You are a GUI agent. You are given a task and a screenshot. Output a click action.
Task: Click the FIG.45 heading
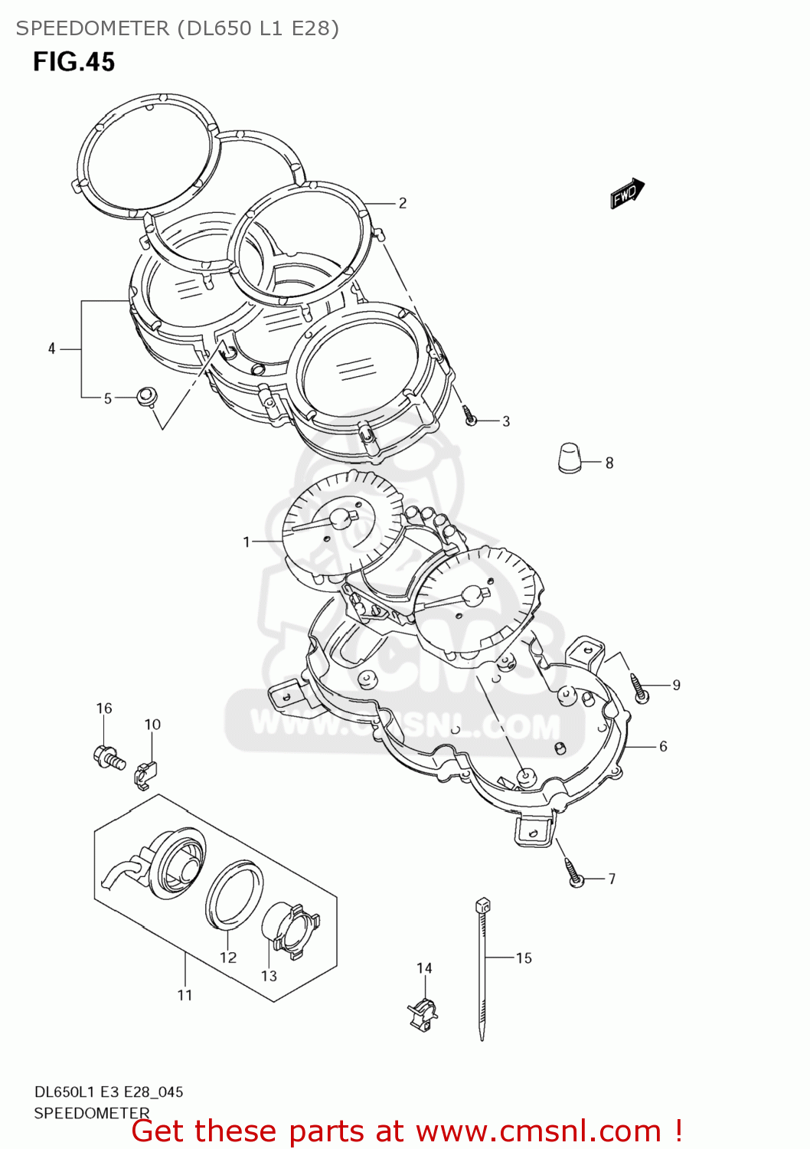(73, 62)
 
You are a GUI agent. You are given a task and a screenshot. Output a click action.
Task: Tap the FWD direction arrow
(627, 194)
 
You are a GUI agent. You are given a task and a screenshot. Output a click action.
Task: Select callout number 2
(403, 203)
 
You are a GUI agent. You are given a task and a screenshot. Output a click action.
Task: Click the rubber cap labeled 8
(569, 458)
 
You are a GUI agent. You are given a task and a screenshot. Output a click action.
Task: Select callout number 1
(247, 542)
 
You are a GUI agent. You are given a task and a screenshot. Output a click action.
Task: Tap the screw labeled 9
(639, 688)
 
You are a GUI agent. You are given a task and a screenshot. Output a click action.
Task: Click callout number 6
(663, 746)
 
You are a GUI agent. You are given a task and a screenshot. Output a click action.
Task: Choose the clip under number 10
(145, 774)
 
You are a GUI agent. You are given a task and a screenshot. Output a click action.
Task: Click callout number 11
(185, 995)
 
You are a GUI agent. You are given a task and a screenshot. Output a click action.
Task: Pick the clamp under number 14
(422, 1013)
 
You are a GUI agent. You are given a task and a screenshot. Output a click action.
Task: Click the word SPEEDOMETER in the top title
(93, 28)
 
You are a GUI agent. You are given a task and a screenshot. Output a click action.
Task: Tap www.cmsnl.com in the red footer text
(538, 1131)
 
